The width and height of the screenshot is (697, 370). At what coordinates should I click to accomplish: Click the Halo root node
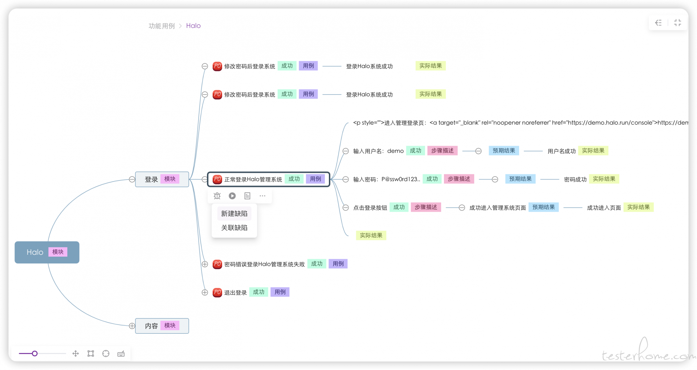click(47, 252)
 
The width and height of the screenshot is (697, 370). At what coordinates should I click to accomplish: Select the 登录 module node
click(162, 179)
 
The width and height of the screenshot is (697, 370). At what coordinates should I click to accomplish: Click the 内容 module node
click(162, 326)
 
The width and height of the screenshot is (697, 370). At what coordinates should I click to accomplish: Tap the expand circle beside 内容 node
click(132, 326)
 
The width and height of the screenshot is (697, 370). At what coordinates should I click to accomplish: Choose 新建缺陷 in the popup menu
click(234, 213)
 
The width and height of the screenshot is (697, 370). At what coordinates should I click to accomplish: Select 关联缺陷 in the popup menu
click(234, 228)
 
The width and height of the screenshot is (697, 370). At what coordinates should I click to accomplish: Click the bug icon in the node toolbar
click(217, 196)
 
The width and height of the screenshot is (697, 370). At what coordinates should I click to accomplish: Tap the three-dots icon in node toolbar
click(262, 196)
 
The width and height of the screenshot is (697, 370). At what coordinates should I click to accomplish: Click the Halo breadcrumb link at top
click(193, 26)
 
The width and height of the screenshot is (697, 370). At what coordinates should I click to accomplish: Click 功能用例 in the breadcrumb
click(162, 26)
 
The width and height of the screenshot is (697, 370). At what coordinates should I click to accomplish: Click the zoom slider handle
click(34, 353)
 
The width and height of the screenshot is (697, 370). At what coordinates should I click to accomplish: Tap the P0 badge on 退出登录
click(217, 292)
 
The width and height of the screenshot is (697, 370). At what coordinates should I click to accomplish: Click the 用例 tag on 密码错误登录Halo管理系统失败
click(338, 264)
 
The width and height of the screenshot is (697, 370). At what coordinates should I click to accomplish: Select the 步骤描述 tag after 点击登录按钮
click(426, 207)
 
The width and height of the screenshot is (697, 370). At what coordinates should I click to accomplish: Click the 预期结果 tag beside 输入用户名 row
click(504, 151)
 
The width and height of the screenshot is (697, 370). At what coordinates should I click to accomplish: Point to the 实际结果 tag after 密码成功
click(604, 179)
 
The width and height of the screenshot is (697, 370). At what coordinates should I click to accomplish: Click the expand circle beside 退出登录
click(205, 292)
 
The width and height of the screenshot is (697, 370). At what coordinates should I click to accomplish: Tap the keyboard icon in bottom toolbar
click(121, 354)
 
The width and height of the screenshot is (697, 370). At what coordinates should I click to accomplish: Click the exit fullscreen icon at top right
click(677, 23)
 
